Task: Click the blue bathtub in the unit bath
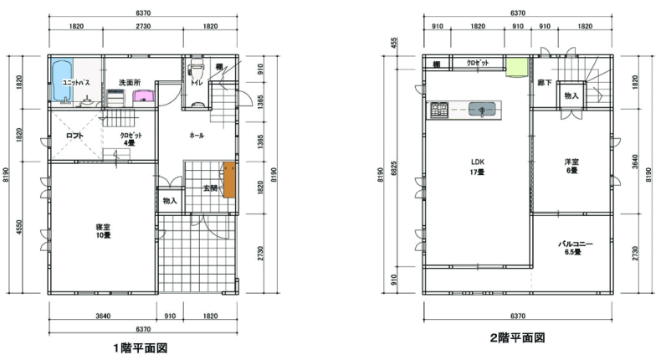tap(62, 80)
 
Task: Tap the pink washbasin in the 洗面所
tap(144, 95)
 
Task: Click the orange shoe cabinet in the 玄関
tap(229, 179)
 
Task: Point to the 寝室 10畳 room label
tap(103, 231)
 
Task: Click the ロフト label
tap(74, 136)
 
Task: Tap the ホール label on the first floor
tap(197, 136)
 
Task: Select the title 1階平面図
tap(141, 348)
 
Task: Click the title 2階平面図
tap(517, 337)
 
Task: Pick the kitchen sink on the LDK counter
tap(482, 110)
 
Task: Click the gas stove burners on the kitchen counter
tap(439, 110)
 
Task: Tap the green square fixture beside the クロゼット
tap(517, 67)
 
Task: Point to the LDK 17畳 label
tap(478, 167)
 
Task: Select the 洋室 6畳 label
tap(571, 166)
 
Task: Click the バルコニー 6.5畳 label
tap(576, 248)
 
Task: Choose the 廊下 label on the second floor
tap(544, 83)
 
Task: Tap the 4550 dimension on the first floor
tap(19, 227)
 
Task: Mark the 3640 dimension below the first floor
tap(103, 316)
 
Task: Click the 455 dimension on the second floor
tap(395, 43)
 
